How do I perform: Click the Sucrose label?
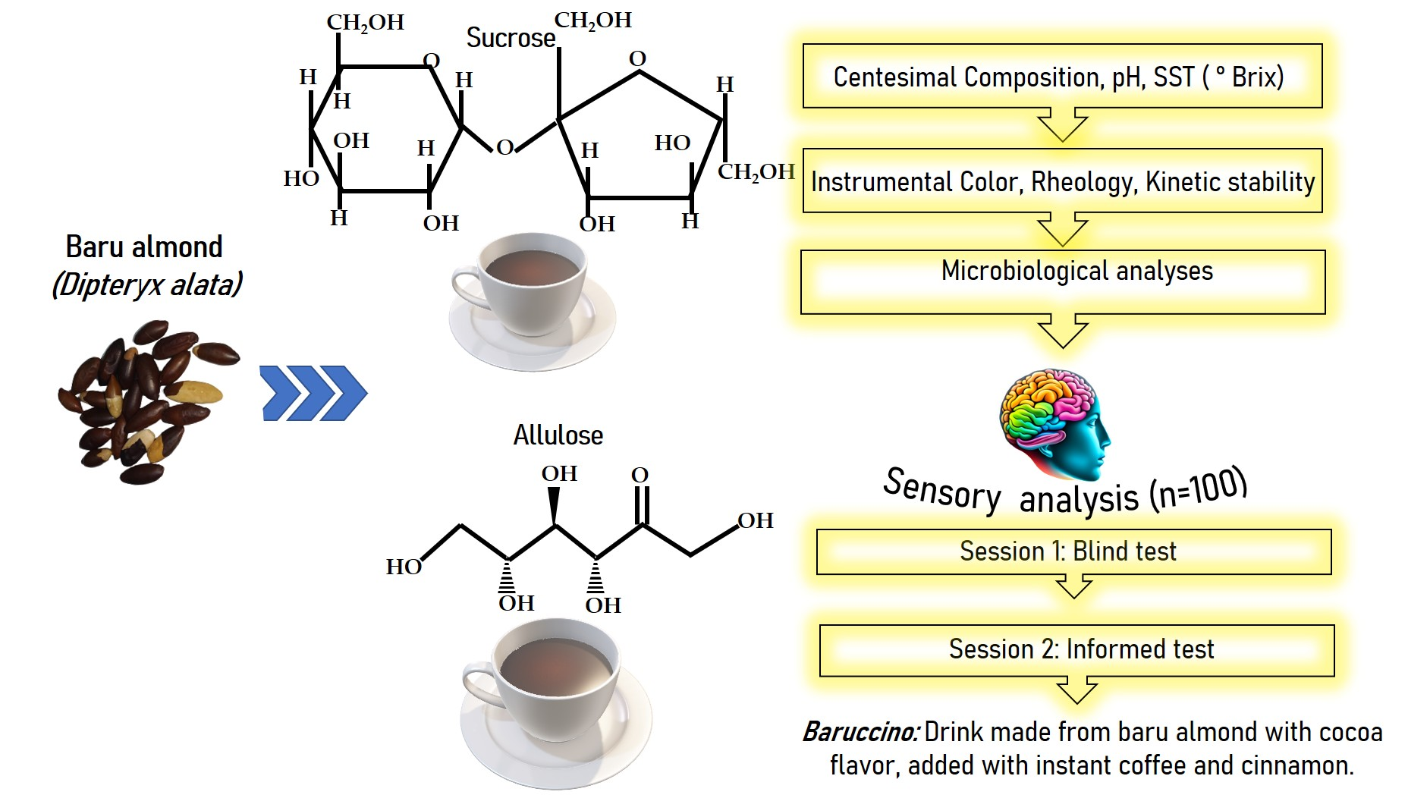point(511,38)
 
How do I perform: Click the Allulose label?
point(558,435)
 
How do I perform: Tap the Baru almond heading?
point(144,247)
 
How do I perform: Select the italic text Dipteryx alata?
point(147,285)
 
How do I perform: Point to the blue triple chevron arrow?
point(313,393)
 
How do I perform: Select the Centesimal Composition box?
point(1061,76)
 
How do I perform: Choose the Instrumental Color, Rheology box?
point(1061,181)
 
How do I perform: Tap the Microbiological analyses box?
point(1062,281)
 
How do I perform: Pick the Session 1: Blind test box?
point(1073,551)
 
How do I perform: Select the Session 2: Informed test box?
point(1076,650)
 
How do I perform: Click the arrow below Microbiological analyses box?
point(1062,331)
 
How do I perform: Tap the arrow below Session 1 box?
point(1073,586)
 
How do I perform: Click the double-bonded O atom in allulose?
point(640,476)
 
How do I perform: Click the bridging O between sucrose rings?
point(505,148)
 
